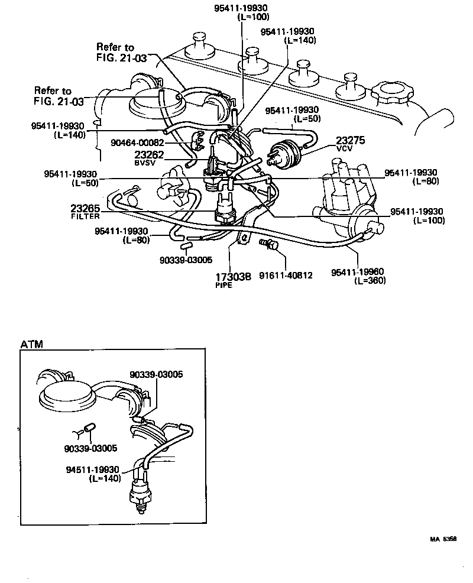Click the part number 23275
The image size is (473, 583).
click(x=351, y=140)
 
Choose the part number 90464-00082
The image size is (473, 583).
click(x=138, y=142)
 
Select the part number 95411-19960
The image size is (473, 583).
click(x=358, y=272)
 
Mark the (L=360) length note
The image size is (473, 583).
click(x=370, y=280)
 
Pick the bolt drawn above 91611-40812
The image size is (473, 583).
click(x=267, y=244)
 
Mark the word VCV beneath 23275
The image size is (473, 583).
click(x=344, y=150)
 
